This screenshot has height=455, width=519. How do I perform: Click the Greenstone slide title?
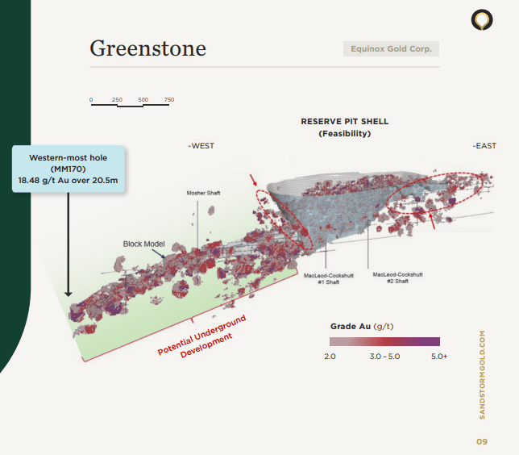(x=147, y=48)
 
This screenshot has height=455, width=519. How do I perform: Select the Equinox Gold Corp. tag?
(x=391, y=49)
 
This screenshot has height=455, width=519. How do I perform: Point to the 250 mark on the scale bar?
(x=117, y=100)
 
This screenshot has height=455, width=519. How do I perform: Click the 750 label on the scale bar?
(x=169, y=100)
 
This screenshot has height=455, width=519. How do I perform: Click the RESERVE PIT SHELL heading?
(x=344, y=121)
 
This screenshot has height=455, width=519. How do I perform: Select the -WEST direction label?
(x=201, y=146)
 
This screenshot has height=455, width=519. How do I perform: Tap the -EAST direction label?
(x=484, y=146)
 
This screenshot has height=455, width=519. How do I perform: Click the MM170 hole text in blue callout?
(x=68, y=169)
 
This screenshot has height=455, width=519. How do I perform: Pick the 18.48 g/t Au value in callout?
(x=68, y=181)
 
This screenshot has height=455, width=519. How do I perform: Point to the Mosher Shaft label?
(x=203, y=193)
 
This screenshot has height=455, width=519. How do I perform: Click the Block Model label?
(x=143, y=244)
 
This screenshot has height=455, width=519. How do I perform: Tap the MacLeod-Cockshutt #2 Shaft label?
(x=397, y=278)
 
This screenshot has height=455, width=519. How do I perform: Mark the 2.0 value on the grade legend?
(x=330, y=356)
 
